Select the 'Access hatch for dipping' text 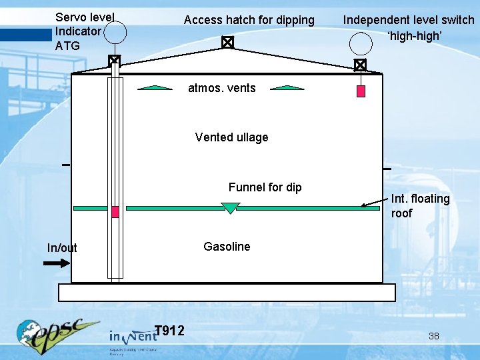249,20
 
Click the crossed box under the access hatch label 227,43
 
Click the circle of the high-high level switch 360,43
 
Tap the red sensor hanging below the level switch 361,91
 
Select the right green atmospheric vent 287,87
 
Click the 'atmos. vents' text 222,88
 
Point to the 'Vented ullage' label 231,137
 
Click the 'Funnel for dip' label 265,187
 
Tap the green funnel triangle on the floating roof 230,208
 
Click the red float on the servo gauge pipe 115,211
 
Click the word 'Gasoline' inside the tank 227,247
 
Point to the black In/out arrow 56,263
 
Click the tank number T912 169,330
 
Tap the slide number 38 433,336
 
